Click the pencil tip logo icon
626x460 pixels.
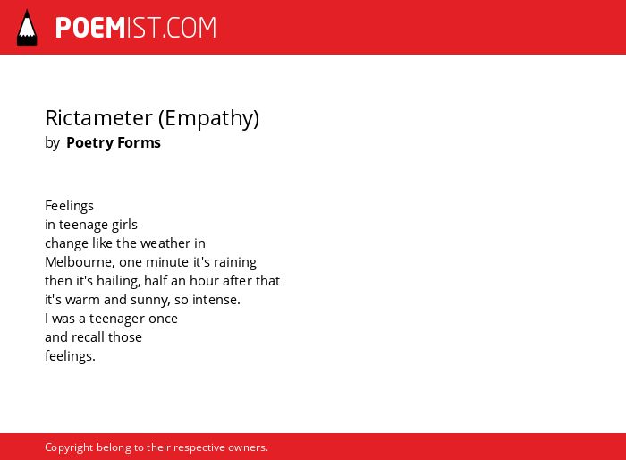(27, 27)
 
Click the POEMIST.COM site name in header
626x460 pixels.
(136, 28)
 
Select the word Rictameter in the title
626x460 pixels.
(99, 118)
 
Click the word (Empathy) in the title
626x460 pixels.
(208, 119)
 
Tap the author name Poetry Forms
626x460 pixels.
(114, 142)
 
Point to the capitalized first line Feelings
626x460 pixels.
(69, 206)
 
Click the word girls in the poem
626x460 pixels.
(124, 225)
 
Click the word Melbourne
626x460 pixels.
(80, 262)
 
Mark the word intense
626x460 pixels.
(216, 300)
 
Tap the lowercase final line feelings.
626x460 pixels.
(70, 356)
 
